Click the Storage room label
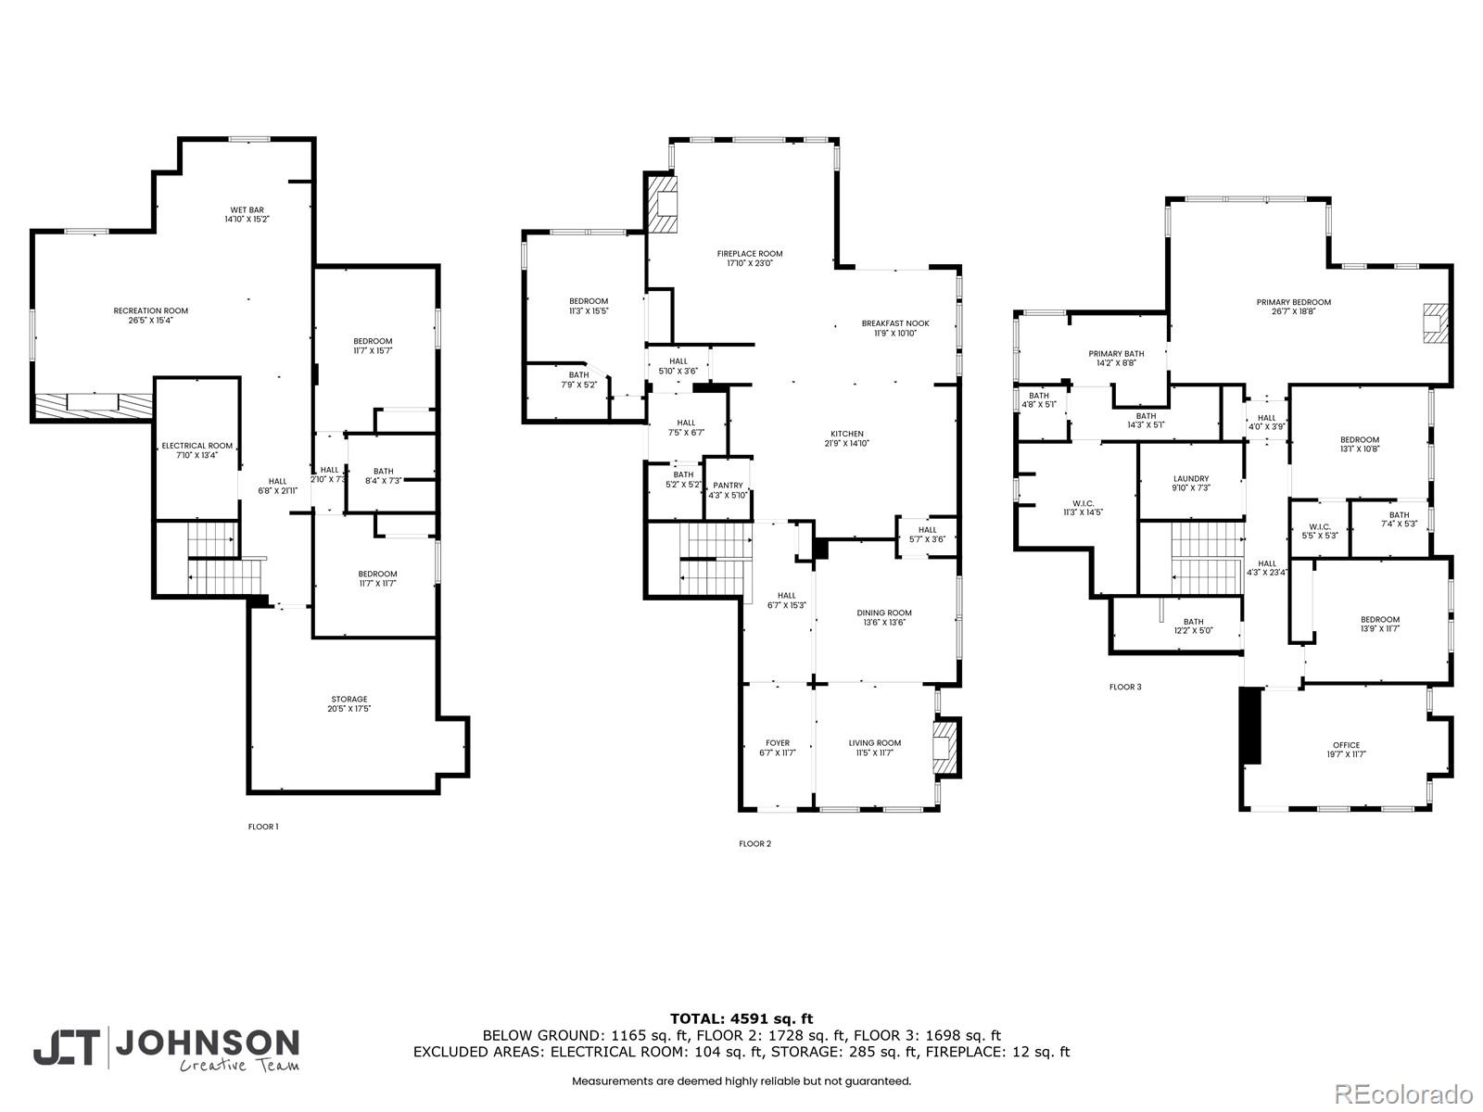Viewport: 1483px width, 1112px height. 349,699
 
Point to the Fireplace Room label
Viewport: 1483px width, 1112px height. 749,253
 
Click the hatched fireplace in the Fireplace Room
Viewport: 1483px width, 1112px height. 664,205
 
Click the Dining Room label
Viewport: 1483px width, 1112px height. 883,613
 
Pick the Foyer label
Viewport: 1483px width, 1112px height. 777,742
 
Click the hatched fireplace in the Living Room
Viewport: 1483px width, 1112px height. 944,747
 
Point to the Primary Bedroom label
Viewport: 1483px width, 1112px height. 1293,302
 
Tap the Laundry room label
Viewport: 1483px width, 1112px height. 1190,479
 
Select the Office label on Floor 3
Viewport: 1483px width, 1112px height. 1345,745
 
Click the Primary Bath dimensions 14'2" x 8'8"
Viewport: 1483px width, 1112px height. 1116,363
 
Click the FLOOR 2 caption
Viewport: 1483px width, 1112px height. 754,843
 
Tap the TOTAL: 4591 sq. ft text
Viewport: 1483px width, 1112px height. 741,1018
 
